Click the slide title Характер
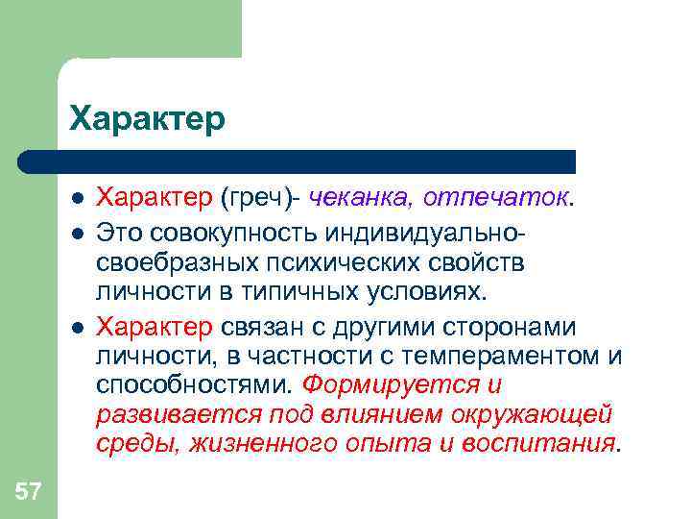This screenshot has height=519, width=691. click(x=147, y=118)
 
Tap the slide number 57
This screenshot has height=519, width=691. click(x=28, y=493)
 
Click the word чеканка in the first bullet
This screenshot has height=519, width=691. click(x=357, y=198)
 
